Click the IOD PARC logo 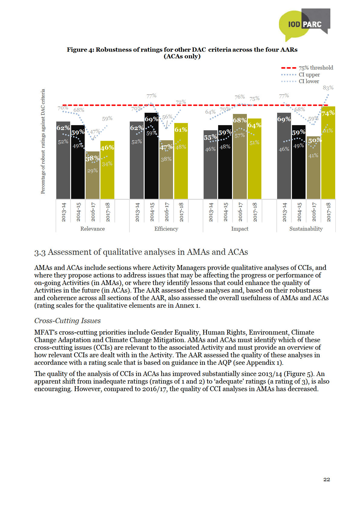tap(304, 24)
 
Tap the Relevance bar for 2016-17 tap(93, 178)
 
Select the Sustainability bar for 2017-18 tap(328, 157)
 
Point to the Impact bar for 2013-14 tap(210, 169)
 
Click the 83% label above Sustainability tap(328, 88)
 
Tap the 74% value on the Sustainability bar tap(328, 113)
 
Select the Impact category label tap(240, 229)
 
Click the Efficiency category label tap(166, 229)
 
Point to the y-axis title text tap(43, 141)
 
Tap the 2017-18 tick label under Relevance tap(107, 212)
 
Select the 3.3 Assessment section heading tap(141, 252)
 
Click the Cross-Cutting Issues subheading tap(67, 321)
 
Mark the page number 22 tap(326, 479)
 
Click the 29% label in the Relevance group tap(93, 171)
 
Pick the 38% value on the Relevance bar tap(93, 158)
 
